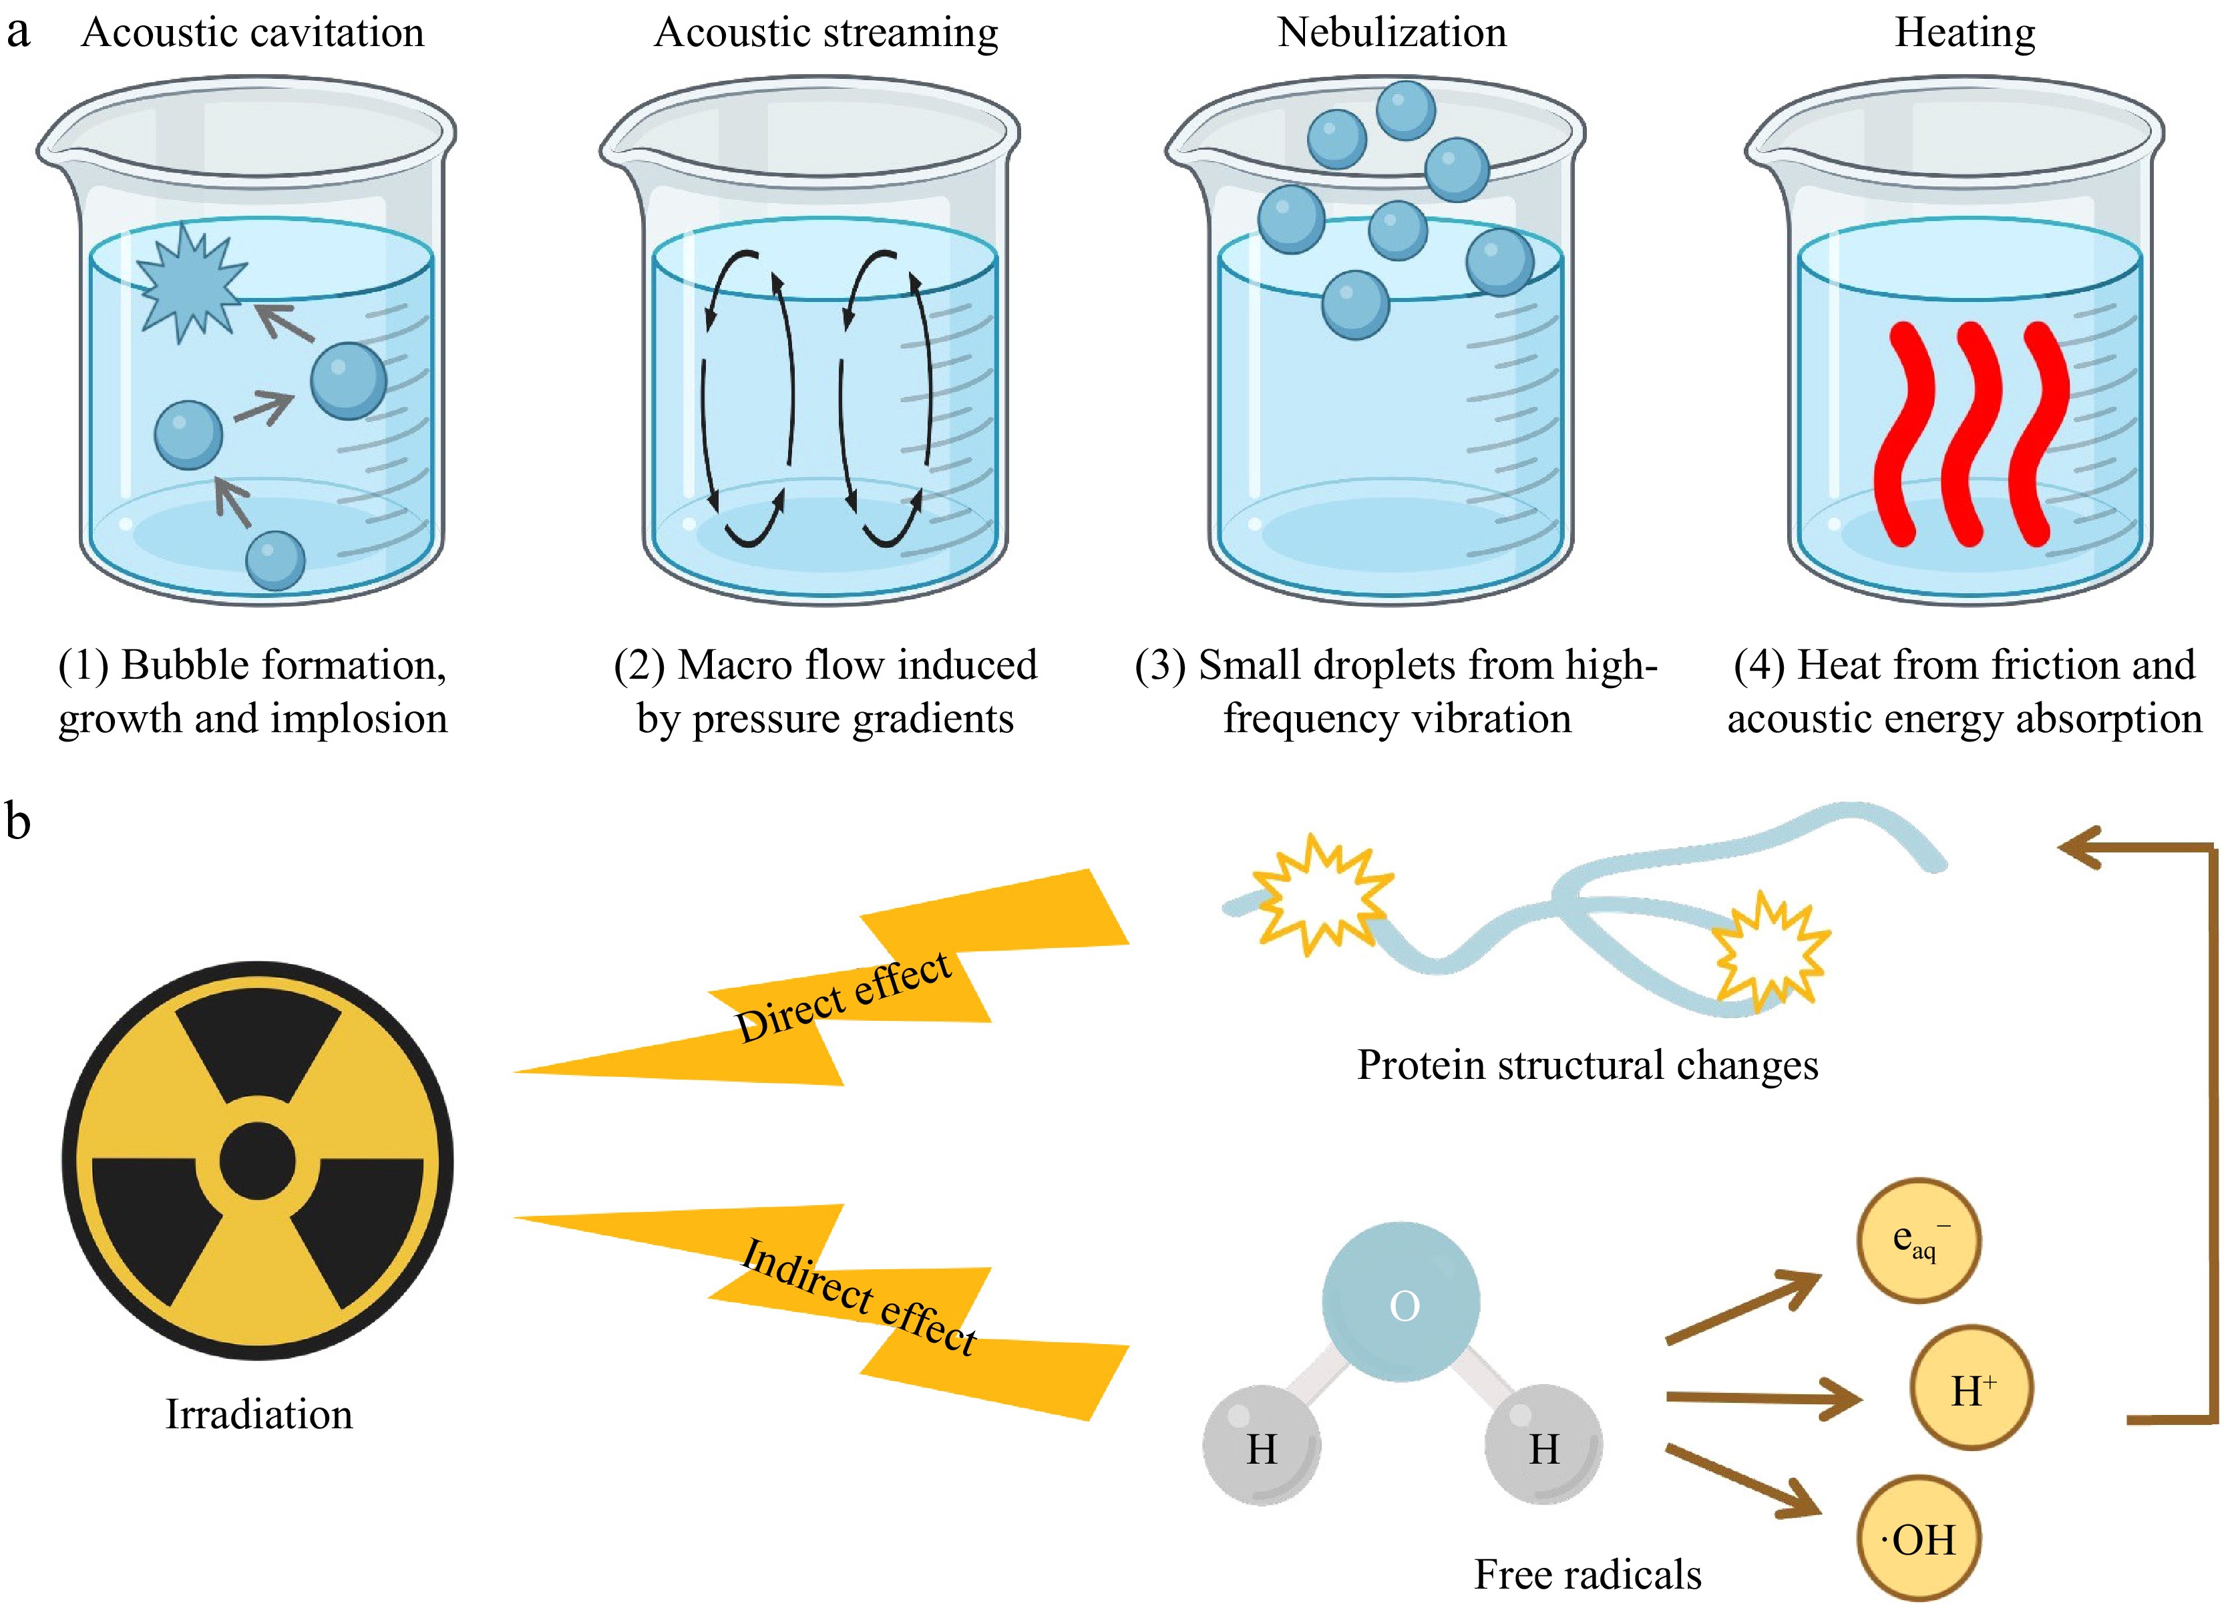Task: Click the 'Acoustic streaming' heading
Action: pos(825,33)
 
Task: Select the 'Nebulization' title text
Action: pos(1392,33)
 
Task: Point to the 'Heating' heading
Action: pos(1964,33)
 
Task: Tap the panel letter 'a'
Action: pos(18,33)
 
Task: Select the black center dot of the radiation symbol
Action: pos(256,1160)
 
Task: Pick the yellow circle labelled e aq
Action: pos(1918,1241)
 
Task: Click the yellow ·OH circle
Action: pos(1918,1538)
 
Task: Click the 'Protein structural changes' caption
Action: pos(1587,1065)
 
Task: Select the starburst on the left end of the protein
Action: pos(1322,894)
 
